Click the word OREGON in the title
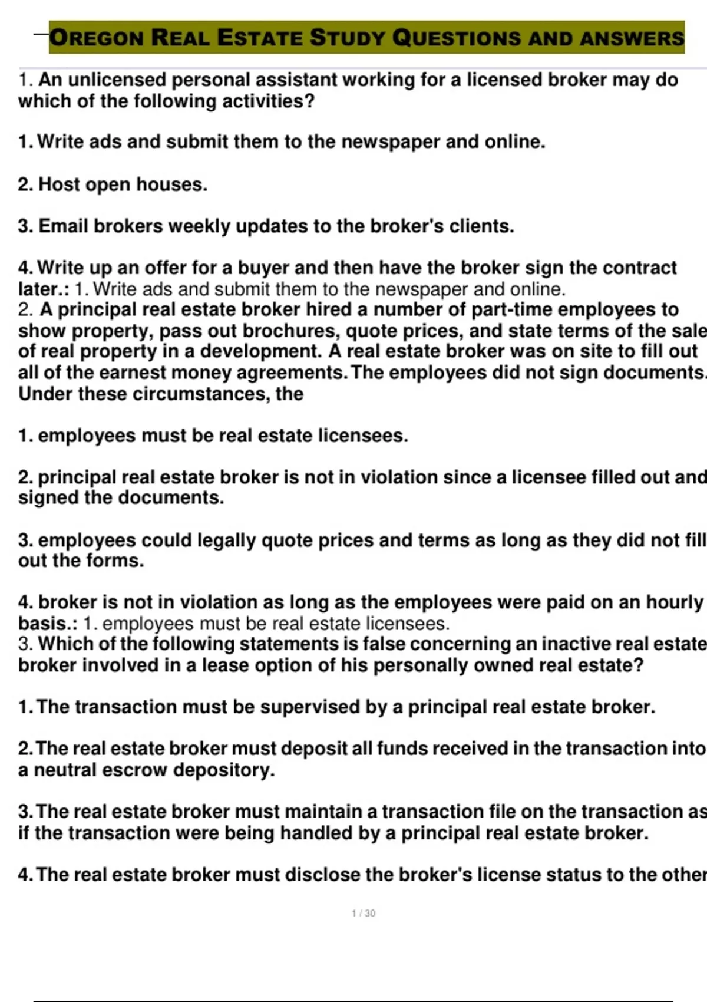tap(97, 38)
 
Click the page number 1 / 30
tap(364, 914)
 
